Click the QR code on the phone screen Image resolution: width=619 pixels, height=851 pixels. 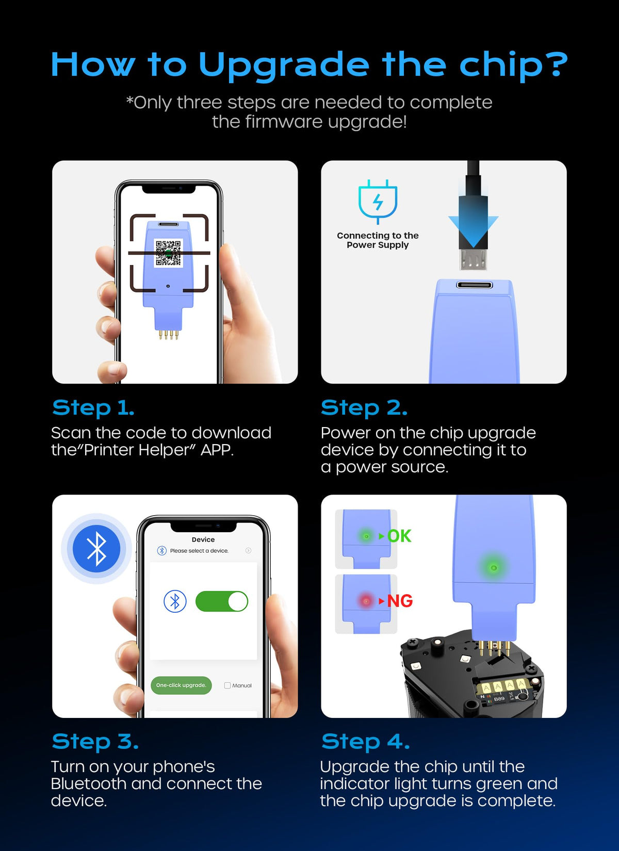pos(168,253)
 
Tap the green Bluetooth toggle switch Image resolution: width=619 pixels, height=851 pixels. pos(221,601)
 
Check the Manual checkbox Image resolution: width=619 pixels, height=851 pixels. pos(227,685)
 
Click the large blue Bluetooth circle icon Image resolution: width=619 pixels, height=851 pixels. pos(96,549)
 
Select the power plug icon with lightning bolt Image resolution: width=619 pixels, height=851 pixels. pos(378,201)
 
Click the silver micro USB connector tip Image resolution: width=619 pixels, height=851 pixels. pos(473,259)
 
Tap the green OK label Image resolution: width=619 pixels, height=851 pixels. pos(399,536)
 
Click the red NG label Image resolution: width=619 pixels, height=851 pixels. pos(400,601)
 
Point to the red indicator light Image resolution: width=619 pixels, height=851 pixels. pos(366,601)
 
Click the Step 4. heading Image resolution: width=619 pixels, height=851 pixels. pos(366,742)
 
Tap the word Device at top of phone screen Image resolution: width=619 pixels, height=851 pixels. pos(203,539)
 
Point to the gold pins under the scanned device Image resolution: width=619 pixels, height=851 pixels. pos(169,334)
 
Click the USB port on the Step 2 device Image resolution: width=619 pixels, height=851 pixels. pos(474,285)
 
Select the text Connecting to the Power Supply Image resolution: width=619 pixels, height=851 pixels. pos(378,240)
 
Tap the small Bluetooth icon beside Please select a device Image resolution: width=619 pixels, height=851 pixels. pos(162,550)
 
